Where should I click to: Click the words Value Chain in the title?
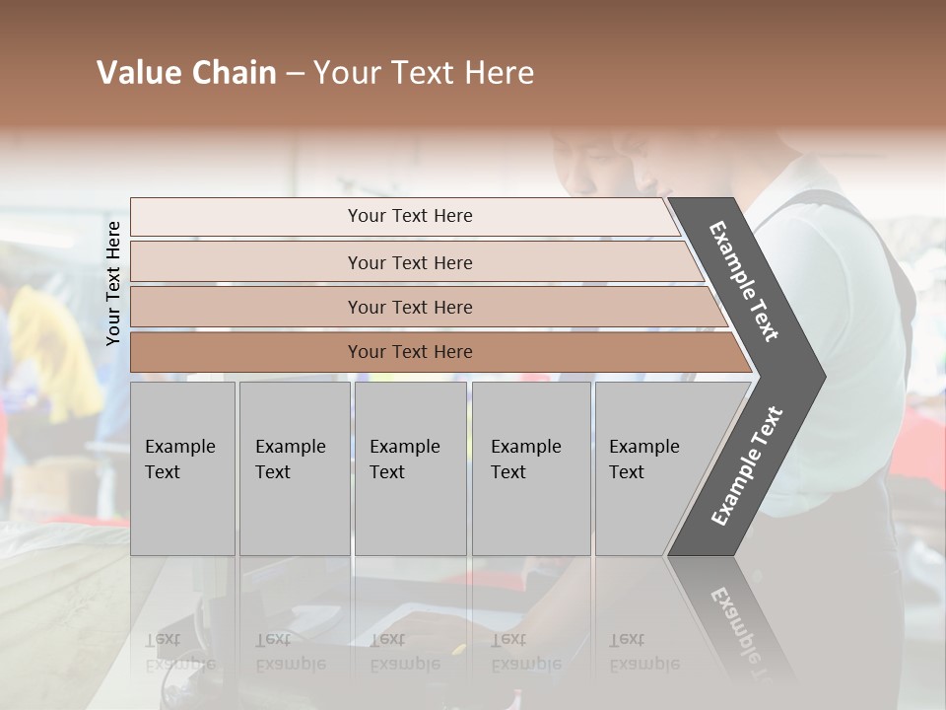(x=186, y=73)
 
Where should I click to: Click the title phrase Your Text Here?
(x=424, y=73)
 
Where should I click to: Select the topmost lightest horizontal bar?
(x=246, y=217)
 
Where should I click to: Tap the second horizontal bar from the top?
(x=246, y=262)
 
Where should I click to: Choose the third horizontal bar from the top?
(x=246, y=307)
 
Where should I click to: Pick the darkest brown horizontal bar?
(x=246, y=352)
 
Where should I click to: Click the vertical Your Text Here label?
(x=113, y=283)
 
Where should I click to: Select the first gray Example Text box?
(x=182, y=468)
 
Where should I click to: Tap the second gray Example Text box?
(x=294, y=468)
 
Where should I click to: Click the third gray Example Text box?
(x=410, y=468)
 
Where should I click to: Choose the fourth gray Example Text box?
(x=530, y=468)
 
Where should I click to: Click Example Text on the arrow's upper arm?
(x=744, y=281)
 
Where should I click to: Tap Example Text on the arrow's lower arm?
(x=747, y=465)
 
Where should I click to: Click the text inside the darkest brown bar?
(x=410, y=352)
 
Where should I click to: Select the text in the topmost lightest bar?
(x=410, y=216)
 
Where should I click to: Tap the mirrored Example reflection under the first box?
(x=179, y=664)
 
